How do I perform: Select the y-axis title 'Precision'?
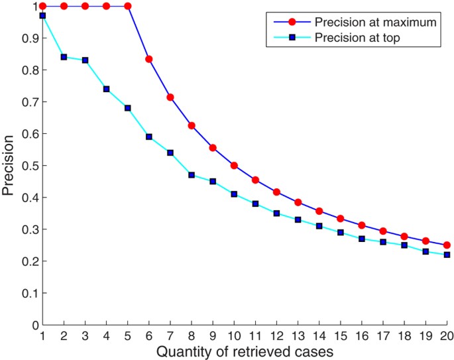pyautogui.click(x=9, y=166)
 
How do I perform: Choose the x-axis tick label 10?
pyautogui.click(x=235, y=335)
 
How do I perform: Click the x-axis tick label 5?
pyautogui.click(x=128, y=335)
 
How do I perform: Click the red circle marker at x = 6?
pyautogui.click(x=149, y=59)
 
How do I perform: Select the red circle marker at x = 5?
pyautogui.click(x=128, y=6)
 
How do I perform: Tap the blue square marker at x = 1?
pyautogui.click(x=42, y=15)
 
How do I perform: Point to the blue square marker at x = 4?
pyautogui.click(x=107, y=89)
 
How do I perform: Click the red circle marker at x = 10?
pyautogui.click(x=235, y=166)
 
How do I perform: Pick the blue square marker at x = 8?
pyautogui.click(x=192, y=175)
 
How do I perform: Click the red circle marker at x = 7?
pyautogui.click(x=170, y=97)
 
